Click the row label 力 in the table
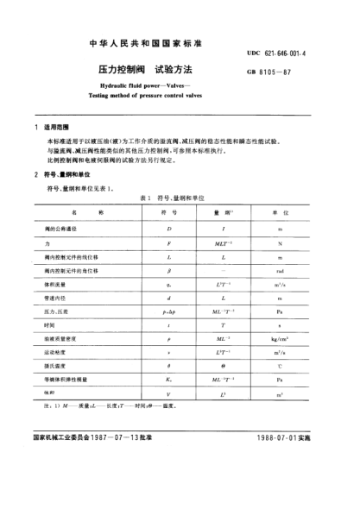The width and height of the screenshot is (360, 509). (x=48, y=245)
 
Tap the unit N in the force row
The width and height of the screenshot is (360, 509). (x=281, y=245)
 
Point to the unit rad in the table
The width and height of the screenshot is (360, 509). (x=281, y=270)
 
